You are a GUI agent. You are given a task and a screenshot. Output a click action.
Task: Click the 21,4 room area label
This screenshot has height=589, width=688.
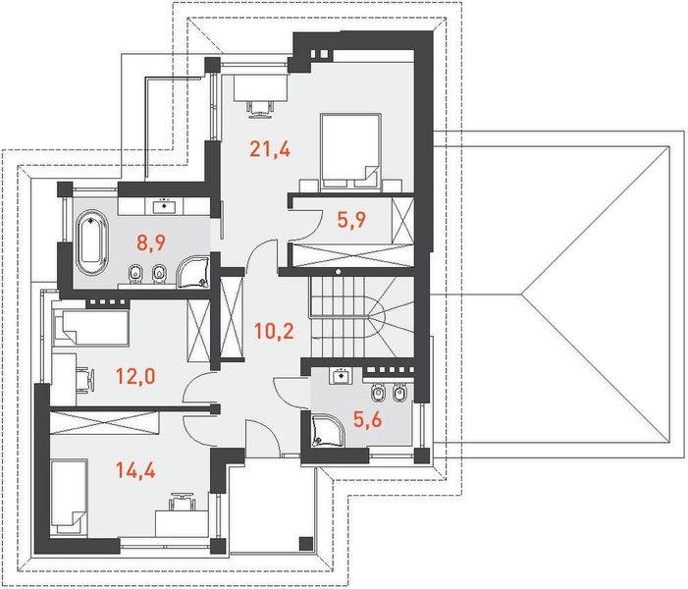[x=270, y=149]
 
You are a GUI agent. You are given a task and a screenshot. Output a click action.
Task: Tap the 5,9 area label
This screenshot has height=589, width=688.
[x=351, y=220]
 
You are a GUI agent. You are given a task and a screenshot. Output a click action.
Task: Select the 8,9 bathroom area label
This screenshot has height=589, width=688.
[x=151, y=242]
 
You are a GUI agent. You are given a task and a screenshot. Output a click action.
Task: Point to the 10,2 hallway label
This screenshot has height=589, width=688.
[x=274, y=331]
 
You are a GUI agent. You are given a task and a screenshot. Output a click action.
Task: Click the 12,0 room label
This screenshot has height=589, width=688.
[x=135, y=376]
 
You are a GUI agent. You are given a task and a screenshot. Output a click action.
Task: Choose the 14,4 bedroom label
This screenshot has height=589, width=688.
[x=135, y=470]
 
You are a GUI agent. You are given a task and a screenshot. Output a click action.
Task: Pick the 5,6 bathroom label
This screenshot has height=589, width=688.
[x=368, y=419]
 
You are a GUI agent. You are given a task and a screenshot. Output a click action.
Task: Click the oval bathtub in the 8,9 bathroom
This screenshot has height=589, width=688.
[x=92, y=242]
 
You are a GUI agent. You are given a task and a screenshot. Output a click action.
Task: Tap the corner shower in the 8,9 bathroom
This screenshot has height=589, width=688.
[x=193, y=272]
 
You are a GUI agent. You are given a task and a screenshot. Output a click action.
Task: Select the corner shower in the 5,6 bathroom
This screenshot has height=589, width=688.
[x=328, y=431]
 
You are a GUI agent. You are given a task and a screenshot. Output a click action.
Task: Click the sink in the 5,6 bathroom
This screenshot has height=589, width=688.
[x=341, y=376]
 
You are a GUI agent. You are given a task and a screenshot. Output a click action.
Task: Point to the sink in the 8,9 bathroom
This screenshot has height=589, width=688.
[x=165, y=205]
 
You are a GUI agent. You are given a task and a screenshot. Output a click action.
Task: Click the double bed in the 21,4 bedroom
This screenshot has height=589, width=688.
[x=350, y=152]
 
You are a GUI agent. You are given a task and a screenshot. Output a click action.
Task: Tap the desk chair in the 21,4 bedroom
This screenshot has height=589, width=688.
[x=259, y=108]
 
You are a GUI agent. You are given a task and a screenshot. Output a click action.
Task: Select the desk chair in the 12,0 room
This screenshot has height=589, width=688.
[x=86, y=379]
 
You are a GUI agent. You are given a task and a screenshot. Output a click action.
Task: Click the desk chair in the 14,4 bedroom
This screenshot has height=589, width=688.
[x=182, y=502]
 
